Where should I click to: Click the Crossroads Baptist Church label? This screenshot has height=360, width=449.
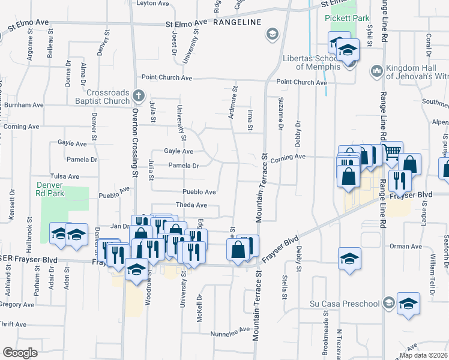(x=108, y=97)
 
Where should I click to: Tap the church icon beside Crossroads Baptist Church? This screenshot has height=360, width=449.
(x=139, y=95)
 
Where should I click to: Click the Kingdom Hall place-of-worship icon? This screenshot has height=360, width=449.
(x=377, y=71)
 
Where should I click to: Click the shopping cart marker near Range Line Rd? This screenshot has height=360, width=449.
(x=392, y=151)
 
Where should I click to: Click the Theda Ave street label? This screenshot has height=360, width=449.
(x=191, y=205)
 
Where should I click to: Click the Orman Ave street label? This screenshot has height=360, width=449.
(x=406, y=246)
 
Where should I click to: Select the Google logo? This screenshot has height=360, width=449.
(x=20, y=352)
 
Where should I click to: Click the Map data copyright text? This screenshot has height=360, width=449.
(x=424, y=355)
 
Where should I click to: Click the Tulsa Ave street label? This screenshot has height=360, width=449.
(x=65, y=176)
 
